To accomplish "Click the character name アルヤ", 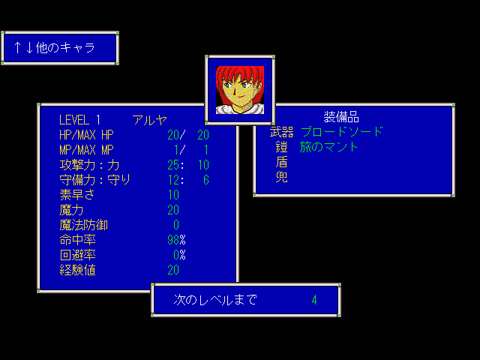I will point(149,120).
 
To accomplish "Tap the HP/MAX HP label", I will point(86,135).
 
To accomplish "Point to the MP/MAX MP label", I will point(86,150).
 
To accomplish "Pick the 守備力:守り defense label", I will point(94,180).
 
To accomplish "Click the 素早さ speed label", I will point(77,195).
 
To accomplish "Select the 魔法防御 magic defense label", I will point(83,225).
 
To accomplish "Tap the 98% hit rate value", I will point(176,240).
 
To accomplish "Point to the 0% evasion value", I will point(179,255).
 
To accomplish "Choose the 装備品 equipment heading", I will point(341,117).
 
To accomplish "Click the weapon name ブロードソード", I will point(341,132).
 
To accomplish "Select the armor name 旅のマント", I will point(329,147).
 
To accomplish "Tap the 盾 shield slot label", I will point(281,162).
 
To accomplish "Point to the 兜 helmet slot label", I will point(281,177).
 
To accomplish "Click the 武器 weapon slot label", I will point(281,132).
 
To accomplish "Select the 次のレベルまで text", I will point(215,300).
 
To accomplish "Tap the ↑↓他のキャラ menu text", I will point(54,48).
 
